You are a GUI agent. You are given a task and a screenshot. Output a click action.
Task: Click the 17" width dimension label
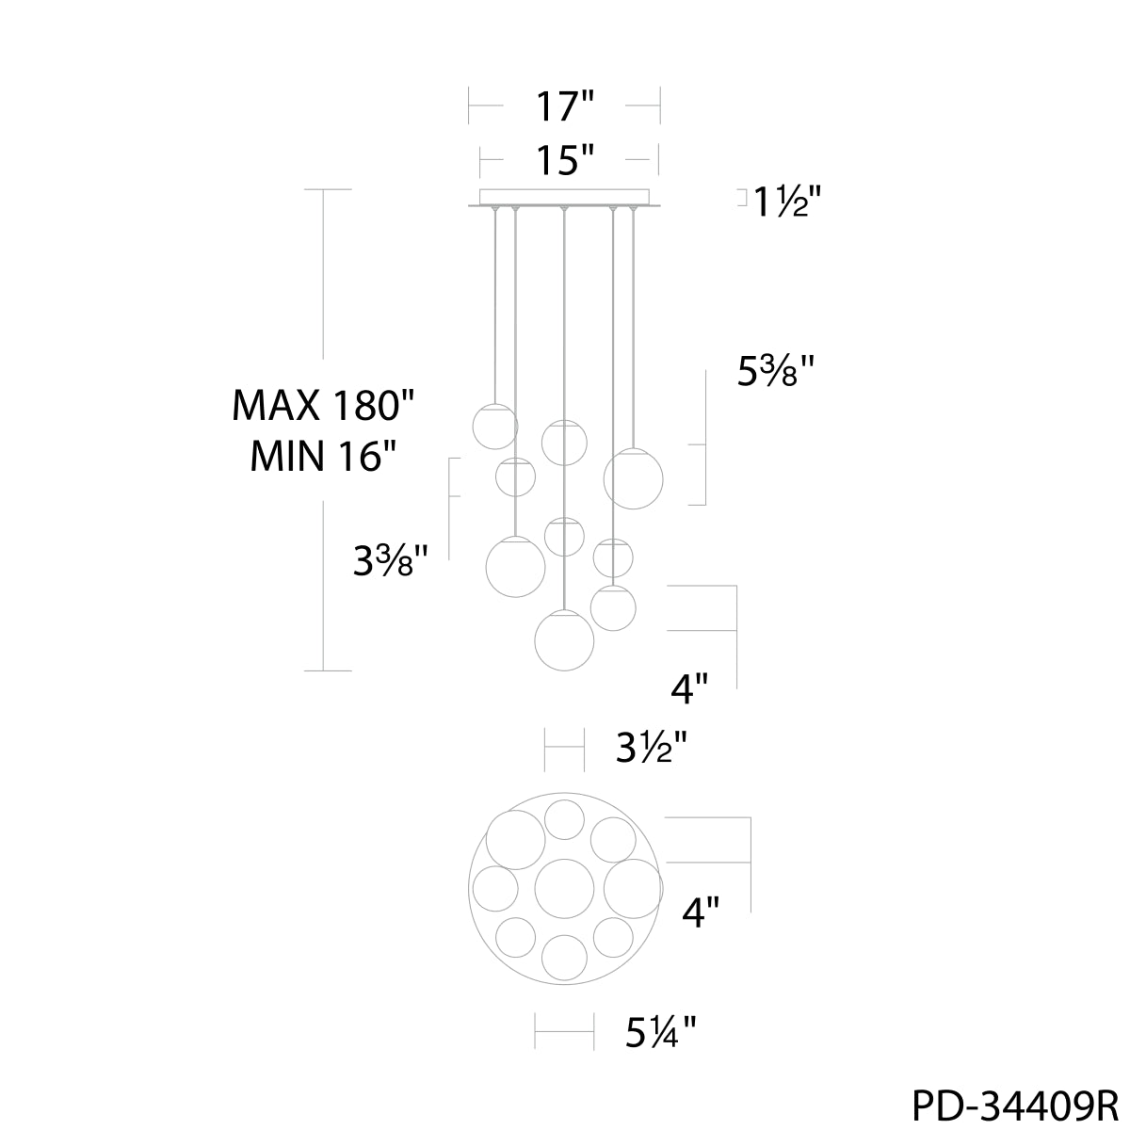point(565,106)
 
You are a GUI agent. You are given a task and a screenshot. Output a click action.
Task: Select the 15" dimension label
point(565,159)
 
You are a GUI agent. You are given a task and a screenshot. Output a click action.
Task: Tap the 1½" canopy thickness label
point(787,202)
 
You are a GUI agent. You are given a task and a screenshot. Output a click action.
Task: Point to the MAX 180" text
point(323,405)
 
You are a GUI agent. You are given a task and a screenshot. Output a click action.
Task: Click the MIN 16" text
point(323,456)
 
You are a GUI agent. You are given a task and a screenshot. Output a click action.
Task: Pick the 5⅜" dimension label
point(775,371)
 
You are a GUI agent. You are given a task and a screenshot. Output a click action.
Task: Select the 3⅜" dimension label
point(391,560)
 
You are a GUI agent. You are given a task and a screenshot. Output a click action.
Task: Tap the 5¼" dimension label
point(660,1033)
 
